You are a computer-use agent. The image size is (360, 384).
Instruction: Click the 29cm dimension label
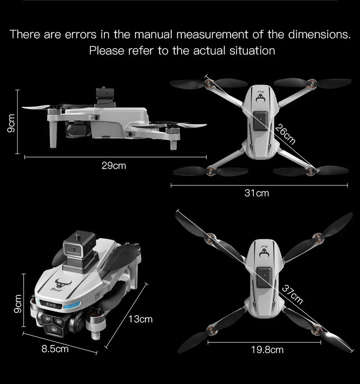click(x=114, y=166)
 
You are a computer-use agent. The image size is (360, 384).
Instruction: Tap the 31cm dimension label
click(x=256, y=193)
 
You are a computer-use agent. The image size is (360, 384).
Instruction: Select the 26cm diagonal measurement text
click(x=285, y=134)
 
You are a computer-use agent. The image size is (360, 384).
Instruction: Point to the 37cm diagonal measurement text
click(x=292, y=294)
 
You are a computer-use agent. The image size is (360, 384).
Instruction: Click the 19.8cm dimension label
click(x=267, y=349)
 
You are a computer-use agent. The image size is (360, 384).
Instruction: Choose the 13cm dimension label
click(x=140, y=319)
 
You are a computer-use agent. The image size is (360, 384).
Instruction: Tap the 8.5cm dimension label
click(x=55, y=348)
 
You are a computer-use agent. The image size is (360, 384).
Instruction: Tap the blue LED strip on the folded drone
click(x=71, y=307)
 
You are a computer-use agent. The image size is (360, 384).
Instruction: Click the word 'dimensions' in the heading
click(x=317, y=34)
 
